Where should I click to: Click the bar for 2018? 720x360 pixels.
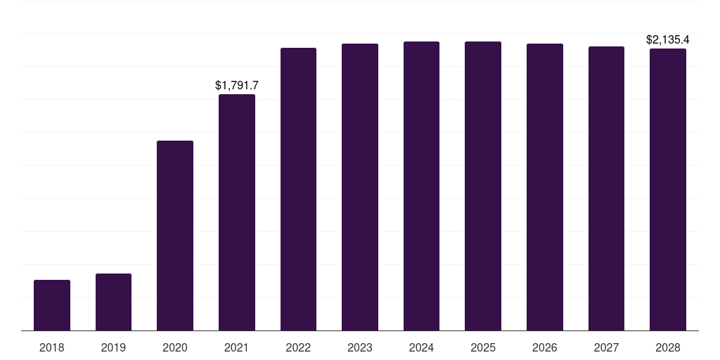click(52, 305)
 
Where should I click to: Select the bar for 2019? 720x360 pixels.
click(113, 302)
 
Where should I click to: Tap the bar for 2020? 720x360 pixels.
click(175, 236)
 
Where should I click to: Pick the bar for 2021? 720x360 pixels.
click(237, 212)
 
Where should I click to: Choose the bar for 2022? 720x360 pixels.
click(298, 189)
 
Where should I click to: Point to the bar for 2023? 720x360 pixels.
click(360, 187)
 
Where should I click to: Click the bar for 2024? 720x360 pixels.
click(421, 186)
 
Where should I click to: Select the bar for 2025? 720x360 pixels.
click(483, 186)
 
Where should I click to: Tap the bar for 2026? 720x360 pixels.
click(545, 187)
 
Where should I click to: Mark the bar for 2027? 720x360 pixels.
click(606, 188)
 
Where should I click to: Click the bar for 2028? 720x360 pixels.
click(668, 189)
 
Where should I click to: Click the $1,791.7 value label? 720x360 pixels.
click(237, 85)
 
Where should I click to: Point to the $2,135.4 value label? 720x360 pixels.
click(668, 39)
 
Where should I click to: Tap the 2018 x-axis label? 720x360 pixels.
click(52, 347)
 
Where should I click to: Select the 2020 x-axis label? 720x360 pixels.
click(175, 347)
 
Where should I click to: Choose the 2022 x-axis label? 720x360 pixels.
click(298, 347)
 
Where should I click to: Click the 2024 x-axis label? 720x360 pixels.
click(421, 347)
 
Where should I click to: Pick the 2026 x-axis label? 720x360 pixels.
click(545, 347)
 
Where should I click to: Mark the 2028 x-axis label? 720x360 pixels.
click(668, 347)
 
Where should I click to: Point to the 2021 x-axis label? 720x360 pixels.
click(237, 347)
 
